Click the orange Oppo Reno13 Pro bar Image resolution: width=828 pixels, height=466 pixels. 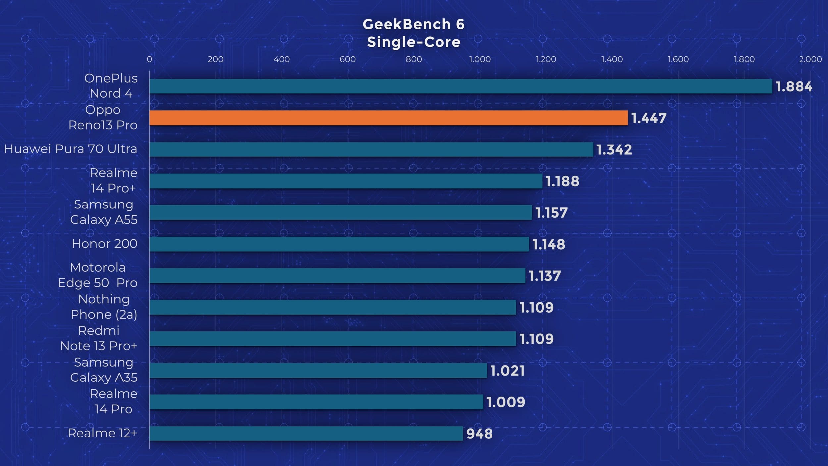[388, 118]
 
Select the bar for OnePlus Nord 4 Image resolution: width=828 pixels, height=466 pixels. [460, 86]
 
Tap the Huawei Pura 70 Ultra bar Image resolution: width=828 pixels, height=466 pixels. [371, 149]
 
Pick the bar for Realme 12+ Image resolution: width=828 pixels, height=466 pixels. [306, 434]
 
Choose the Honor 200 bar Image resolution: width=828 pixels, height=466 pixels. [339, 244]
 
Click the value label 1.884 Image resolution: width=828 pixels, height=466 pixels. [794, 87]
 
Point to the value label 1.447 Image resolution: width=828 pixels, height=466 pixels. [649, 118]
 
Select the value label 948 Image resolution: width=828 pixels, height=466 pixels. [479, 434]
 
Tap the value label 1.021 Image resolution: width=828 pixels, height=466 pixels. [507, 371]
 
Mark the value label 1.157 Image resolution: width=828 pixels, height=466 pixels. [551, 213]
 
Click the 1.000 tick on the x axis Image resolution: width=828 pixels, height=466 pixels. [480, 59]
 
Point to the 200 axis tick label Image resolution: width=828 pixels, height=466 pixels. [215, 59]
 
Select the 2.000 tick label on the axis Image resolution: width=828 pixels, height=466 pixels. [810, 59]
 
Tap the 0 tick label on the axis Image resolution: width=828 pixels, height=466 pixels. [149, 59]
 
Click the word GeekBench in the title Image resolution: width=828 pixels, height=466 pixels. [407, 24]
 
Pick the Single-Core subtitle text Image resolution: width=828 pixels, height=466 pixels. [414, 42]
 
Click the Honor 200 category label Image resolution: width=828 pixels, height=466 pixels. [104, 244]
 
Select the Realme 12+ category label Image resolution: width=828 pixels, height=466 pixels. [102, 433]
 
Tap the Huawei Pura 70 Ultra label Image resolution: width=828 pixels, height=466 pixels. [71, 149]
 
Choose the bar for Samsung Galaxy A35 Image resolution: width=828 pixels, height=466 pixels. [318, 371]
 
